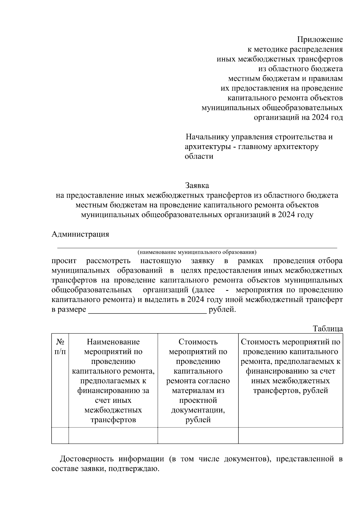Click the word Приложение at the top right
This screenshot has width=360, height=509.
[x=320, y=40]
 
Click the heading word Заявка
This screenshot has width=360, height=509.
[x=197, y=185]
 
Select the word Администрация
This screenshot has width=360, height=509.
[x=80, y=234]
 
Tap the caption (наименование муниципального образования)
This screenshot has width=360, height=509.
[x=197, y=252]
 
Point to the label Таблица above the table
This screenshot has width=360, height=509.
[x=328, y=328]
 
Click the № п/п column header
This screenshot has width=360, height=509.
[x=60, y=346]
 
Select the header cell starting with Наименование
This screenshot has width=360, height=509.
[x=113, y=381]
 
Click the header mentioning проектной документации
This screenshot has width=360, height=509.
[x=198, y=381]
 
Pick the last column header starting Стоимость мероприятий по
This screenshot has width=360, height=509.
[x=290, y=366]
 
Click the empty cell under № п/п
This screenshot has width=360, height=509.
[x=60, y=435]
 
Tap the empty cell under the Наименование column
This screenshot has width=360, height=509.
[x=113, y=435]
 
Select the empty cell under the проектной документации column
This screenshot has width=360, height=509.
[x=198, y=435]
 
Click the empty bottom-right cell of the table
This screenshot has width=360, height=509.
[x=290, y=435]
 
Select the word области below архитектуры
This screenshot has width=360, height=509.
[x=199, y=157]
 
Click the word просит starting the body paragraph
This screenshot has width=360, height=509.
[x=64, y=261]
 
